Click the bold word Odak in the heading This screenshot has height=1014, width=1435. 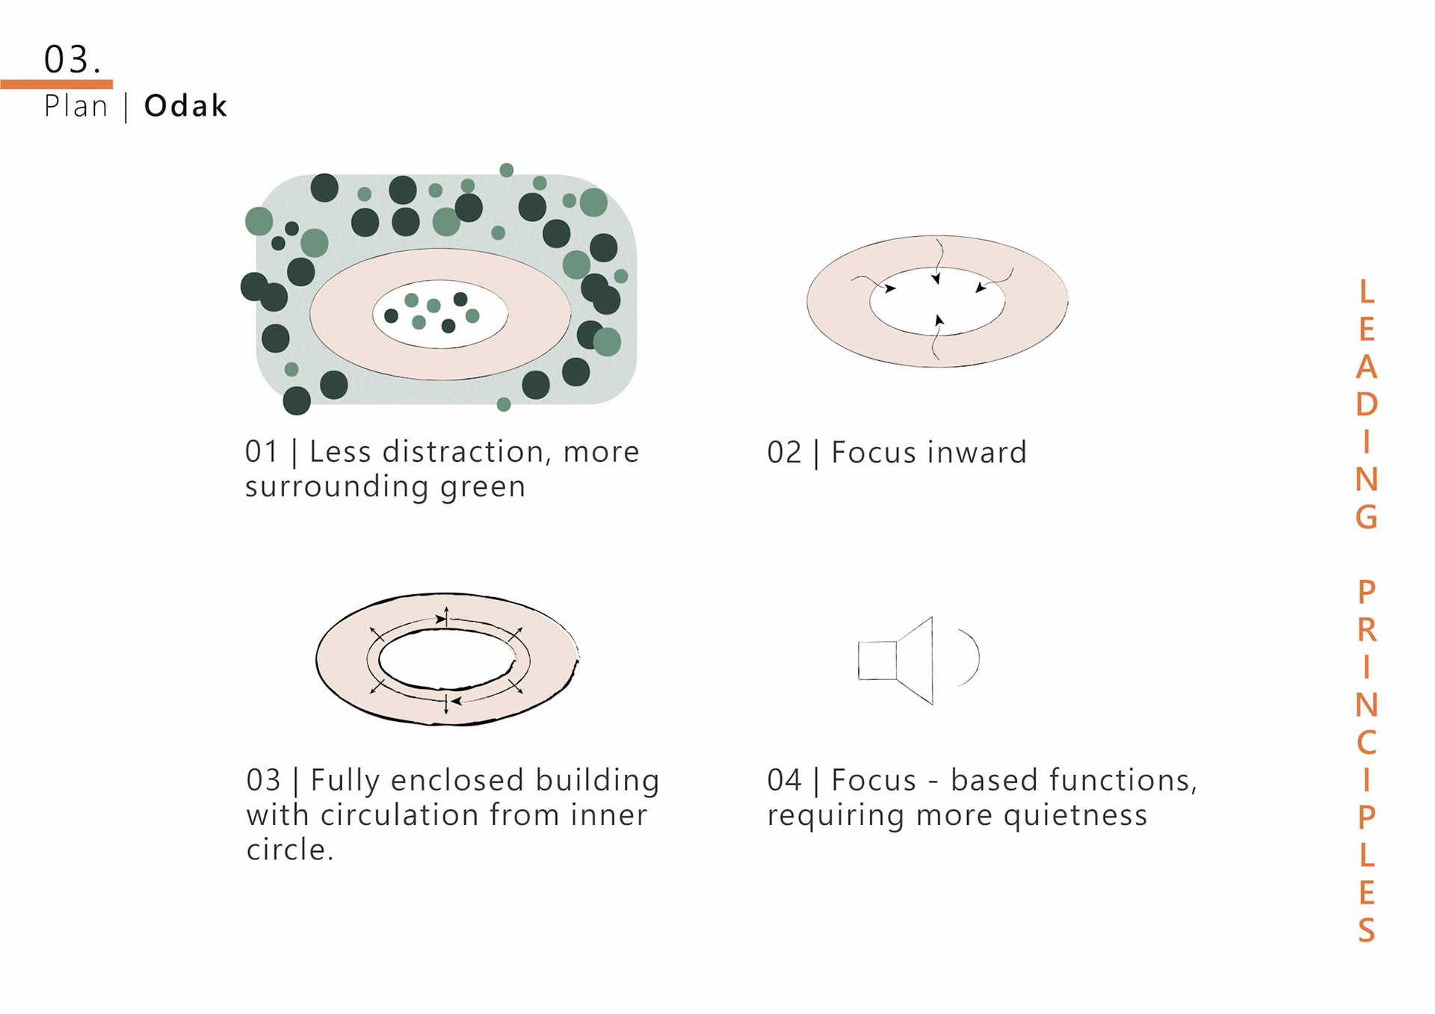point(185,106)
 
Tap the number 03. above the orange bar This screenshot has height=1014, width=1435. point(72,59)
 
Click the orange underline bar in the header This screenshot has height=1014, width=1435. point(57,84)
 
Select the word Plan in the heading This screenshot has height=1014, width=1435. point(75,106)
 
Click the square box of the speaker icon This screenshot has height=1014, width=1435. point(877,661)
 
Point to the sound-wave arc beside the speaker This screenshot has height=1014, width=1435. point(970,658)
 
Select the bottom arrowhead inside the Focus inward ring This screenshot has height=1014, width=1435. point(939,321)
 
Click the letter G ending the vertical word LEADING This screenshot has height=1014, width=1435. point(1366,516)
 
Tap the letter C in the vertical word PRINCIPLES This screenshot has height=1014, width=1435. point(1366,742)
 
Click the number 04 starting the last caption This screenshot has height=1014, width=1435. point(784,780)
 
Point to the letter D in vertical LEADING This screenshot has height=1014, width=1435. point(1366,404)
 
